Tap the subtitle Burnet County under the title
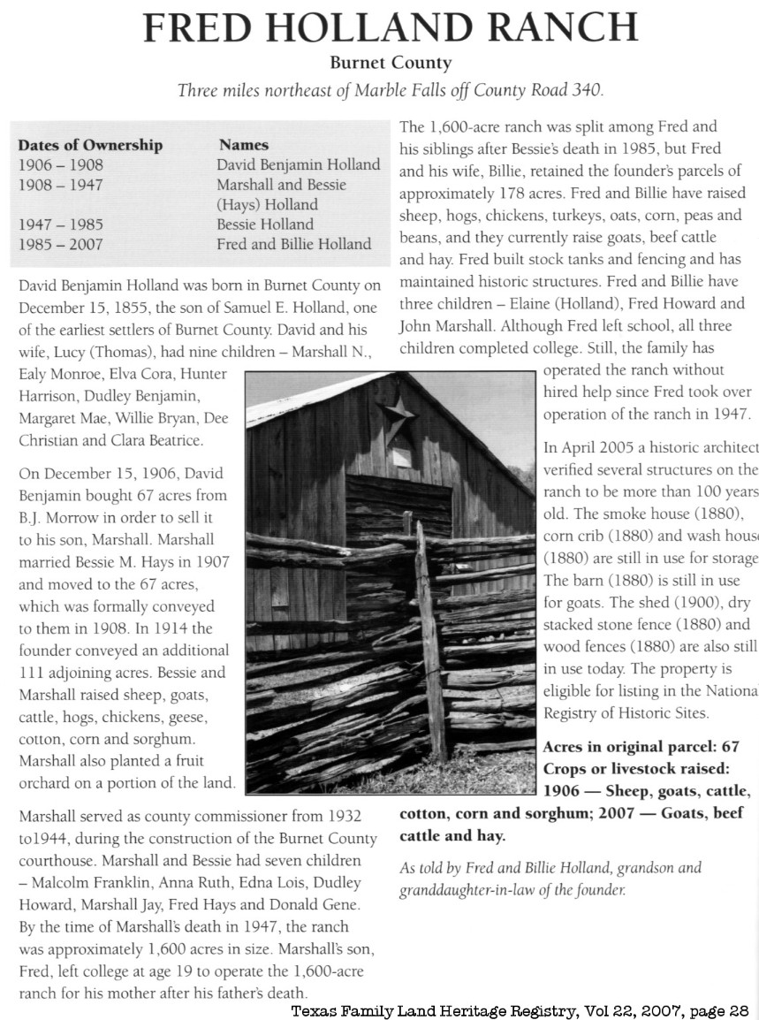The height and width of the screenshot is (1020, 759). tap(390, 64)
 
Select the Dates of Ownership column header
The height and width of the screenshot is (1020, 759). tap(90, 145)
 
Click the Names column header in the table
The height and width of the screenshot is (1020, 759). tap(244, 145)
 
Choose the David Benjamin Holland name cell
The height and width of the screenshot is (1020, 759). tap(298, 165)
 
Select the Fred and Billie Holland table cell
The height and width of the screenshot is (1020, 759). tap(293, 244)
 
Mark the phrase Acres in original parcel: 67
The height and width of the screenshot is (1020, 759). tap(641, 748)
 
